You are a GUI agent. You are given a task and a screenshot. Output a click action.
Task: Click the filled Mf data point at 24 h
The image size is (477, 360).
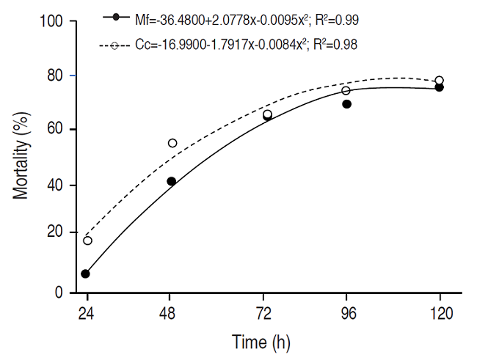tap(85, 273)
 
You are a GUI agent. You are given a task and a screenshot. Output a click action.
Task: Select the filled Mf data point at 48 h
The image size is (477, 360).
tap(171, 181)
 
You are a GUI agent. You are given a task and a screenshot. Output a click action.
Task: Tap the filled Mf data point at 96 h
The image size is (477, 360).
tap(347, 104)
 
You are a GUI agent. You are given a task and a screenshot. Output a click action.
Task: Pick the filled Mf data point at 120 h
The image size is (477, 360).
tap(439, 87)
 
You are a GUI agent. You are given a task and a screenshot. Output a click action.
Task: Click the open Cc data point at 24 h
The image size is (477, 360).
tap(88, 240)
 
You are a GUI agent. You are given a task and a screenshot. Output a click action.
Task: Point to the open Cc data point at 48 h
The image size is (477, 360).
tap(172, 143)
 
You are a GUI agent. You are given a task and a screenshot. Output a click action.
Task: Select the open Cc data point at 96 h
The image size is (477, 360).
tap(346, 91)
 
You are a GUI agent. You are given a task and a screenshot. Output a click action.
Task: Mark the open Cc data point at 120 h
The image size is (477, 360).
tap(439, 81)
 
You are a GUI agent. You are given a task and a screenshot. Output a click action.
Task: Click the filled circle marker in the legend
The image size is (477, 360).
tap(115, 16)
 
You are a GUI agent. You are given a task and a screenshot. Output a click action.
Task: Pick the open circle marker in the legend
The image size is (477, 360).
tap(115, 45)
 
